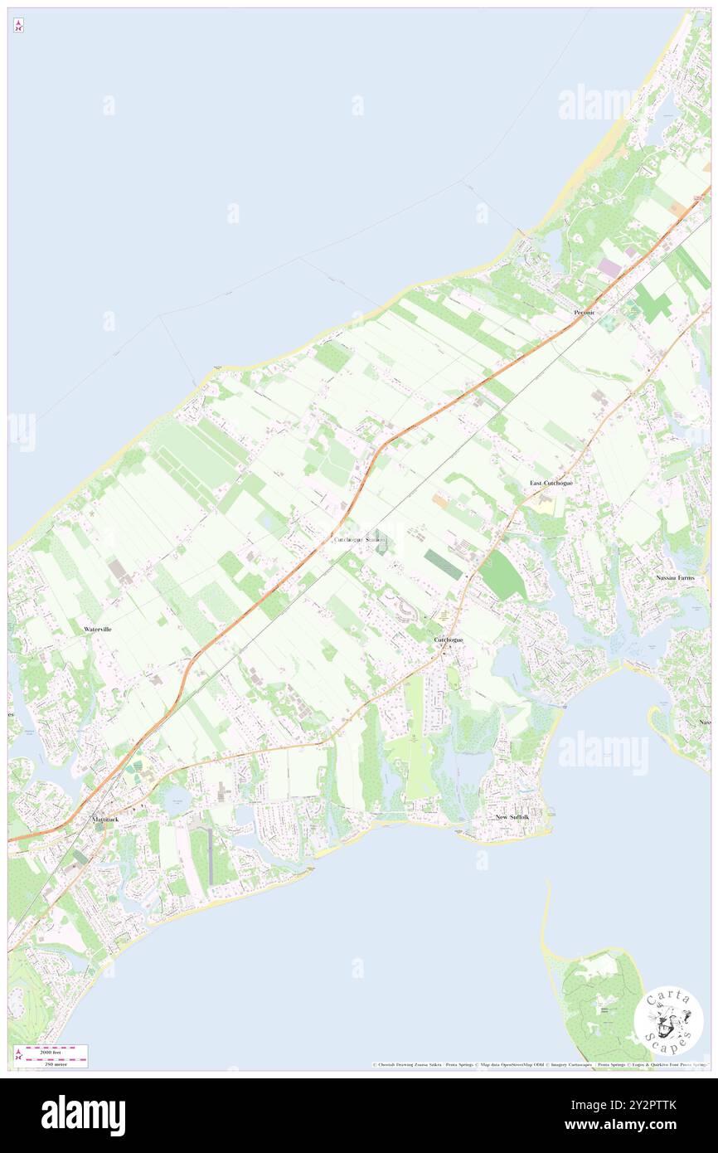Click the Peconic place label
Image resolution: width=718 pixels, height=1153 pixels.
(x=585, y=313)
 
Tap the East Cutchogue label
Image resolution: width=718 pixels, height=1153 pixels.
(x=551, y=483)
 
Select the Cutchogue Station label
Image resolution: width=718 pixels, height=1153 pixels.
(x=360, y=540)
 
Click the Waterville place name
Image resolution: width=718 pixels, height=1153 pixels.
(x=98, y=630)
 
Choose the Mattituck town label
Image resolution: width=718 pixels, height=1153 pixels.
(x=105, y=820)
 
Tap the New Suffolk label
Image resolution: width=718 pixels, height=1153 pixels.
(x=512, y=817)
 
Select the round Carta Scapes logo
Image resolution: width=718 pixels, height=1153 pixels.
(x=668, y=1020)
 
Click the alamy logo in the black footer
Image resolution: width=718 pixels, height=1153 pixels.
(x=83, y=1115)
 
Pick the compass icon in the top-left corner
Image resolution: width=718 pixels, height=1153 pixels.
(x=18, y=26)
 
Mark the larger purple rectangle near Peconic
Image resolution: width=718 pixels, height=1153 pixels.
(x=610, y=268)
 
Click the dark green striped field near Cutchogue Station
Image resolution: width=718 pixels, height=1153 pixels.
(x=444, y=563)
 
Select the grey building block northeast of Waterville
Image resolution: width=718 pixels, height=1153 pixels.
(x=118, y=568)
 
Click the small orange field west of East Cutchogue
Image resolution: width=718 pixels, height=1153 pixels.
(x=439, y=501)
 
